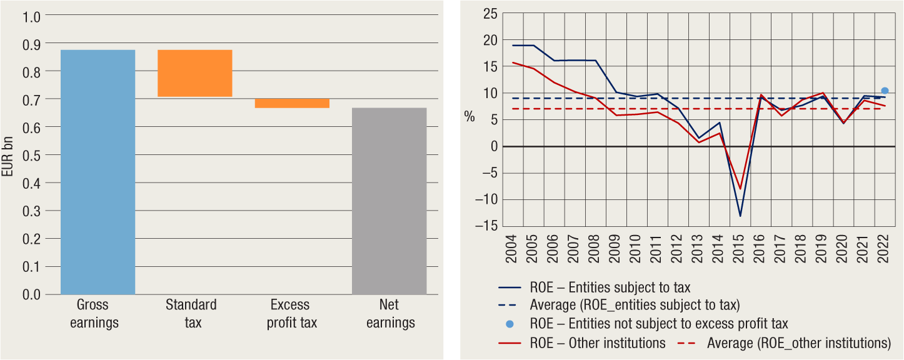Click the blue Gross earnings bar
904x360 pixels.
pos(98,172)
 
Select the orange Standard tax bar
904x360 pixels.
pos(194,73)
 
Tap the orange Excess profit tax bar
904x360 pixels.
pos(291,103)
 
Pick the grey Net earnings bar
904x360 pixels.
pos(389,201)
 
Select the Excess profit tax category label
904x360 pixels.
pos(291,314)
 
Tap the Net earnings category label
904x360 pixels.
pos(390,314)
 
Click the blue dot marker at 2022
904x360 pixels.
pos(885,91)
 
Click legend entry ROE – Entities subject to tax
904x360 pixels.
pos(610,288)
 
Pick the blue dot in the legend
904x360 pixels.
pos(510,324)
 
